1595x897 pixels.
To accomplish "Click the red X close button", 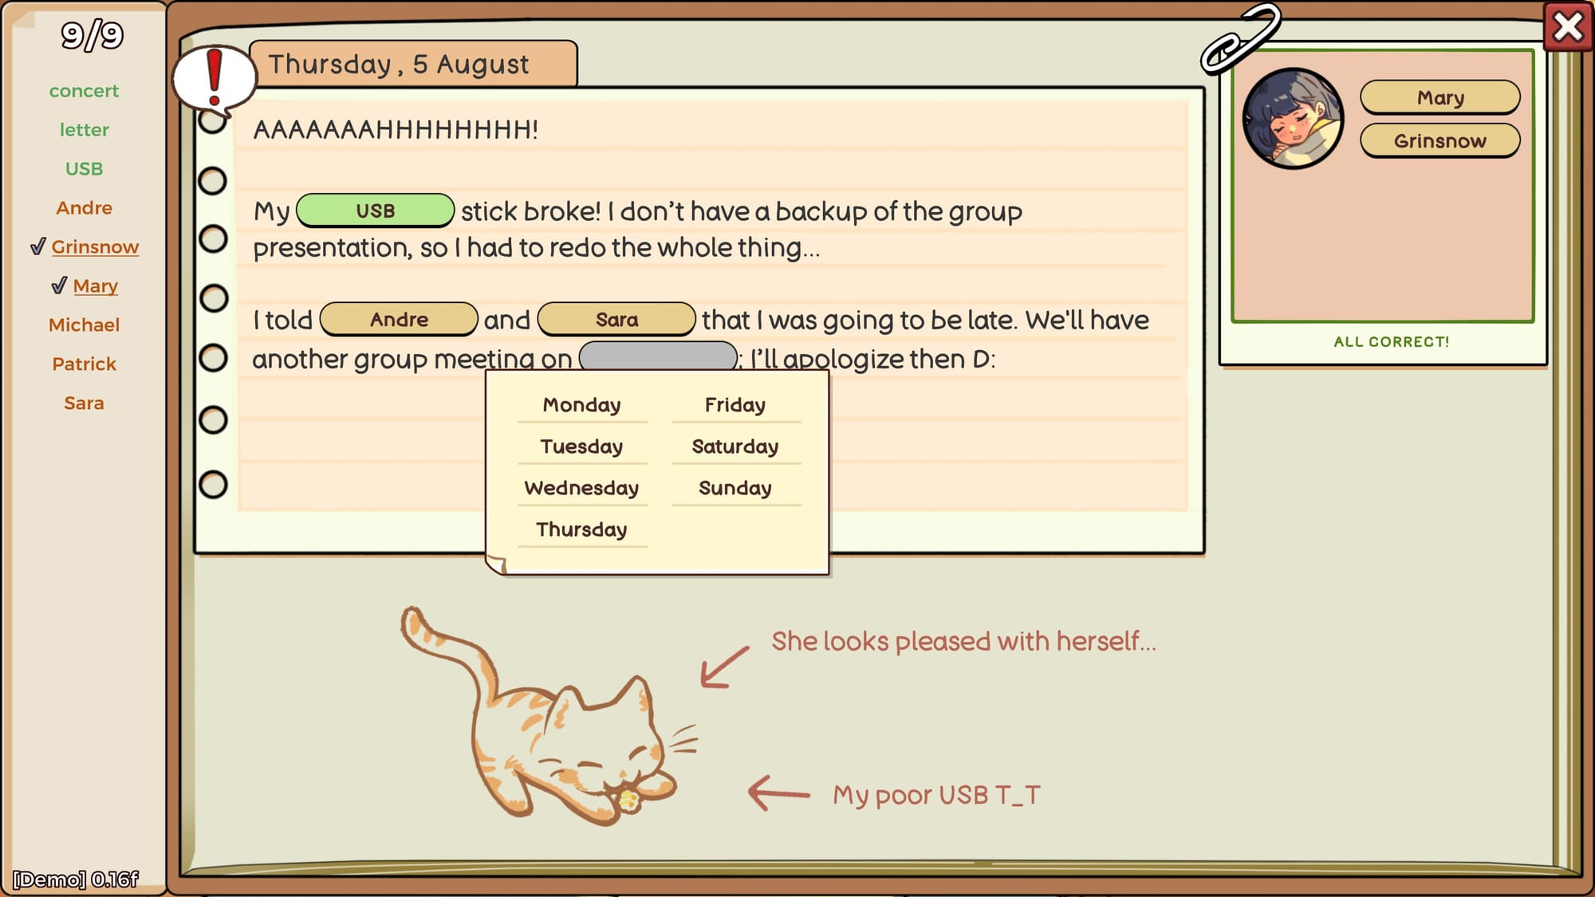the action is pyautogui.click(x=1567, y=27).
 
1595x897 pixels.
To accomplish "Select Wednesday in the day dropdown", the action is pyautogui.click(x=581, y=488).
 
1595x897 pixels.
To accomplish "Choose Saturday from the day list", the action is pyautogui.click(x=735, y=447).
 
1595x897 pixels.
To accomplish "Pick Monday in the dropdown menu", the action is pyautogui.click(x=581, y=405).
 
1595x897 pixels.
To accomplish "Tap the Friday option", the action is pyautogui.click(x=735, y=405).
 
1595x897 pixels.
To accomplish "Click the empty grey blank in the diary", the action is pyautogui.click(x=658, y=356).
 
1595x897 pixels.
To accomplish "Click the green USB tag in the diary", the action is pyautogui.click(x=375, y=210).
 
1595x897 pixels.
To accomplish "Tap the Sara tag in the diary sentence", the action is pyautogui.click(x=616, y=320).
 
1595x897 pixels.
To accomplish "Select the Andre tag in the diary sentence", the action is pyautogui.click(x=399, y=320).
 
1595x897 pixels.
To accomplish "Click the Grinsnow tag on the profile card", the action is pyautogui.click(x=1439, y=141).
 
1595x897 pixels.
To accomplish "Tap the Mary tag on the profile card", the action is pyautogui.click(x=1439, y=97).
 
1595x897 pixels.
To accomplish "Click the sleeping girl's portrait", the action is pyautogui.click(x=1293, y=118).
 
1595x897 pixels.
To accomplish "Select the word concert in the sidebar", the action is pyautogui.click(x=84, y=91).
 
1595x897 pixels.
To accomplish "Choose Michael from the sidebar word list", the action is pyautogui.click(x=84, y=325).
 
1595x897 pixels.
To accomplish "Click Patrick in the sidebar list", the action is pyautogui.click(x=84, y=364).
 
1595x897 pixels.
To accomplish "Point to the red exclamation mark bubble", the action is pyautogui.click(x=214, y=79).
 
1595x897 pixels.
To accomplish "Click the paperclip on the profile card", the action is pyautogui.click(x=1239, y=40).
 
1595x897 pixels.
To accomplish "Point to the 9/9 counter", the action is pyautogui.click(x=93, y=35).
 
